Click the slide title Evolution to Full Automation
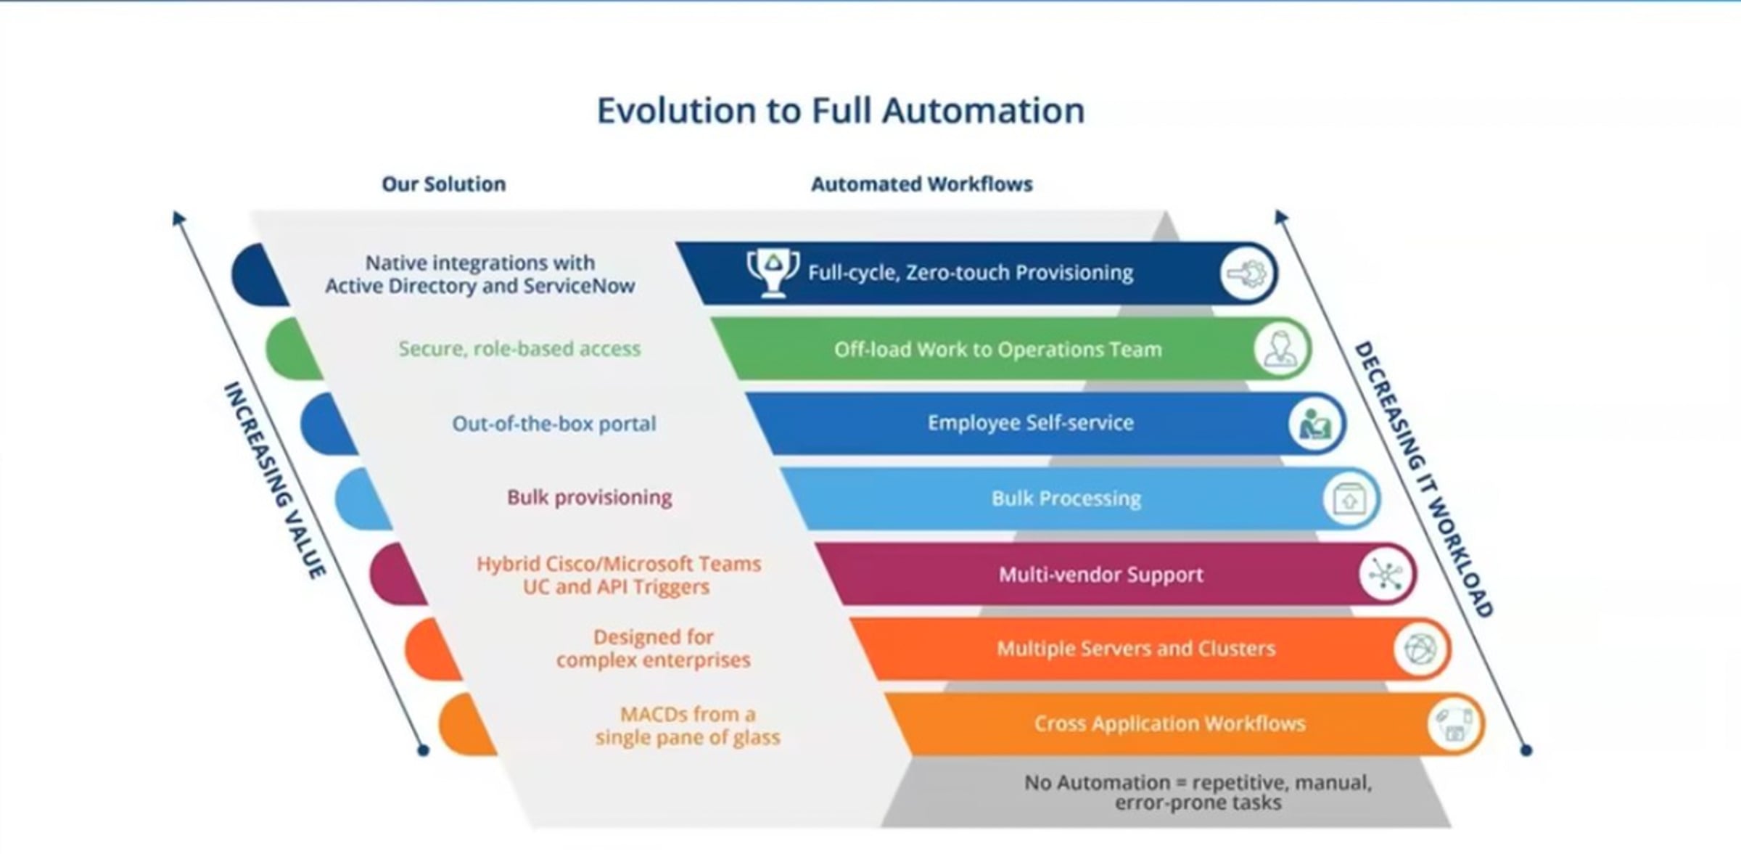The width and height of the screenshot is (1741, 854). pyautogui.click(x=841, y=111)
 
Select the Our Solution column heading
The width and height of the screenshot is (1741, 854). pyautogui.click(x=444, y=184)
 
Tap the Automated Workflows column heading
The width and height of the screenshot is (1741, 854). pyautogui.click(x=921, y=184)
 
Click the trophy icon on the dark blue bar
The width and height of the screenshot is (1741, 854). pyautogui.click(x=773, y=272)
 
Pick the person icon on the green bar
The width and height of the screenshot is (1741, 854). pyautogui.click(x=1281, y=349)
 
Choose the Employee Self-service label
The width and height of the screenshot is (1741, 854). pyautogui.click(x=1030, y=423)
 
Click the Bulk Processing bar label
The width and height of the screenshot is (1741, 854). pyautogui.click(x=1066, y=498)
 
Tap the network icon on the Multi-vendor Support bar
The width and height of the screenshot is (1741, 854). pyautogui.click(x=1386, y=575)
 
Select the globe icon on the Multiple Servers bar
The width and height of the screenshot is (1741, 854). pyautogui.click(x=1420, y=649)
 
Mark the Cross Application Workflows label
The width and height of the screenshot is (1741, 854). pyautogui.click(x=1169, y=723)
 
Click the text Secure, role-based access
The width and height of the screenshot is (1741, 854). pyautogui.click(x=519, y=349)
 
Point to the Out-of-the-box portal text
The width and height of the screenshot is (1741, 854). pyautogui.click(x=554, y=423)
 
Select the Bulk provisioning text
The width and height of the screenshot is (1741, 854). pyautogui.click(x=589, y=498)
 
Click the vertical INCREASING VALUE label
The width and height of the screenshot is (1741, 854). pyautogui.click(x=274, y=480)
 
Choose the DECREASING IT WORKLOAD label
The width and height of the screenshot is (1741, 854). pyautogui.click(x=1423, y=479)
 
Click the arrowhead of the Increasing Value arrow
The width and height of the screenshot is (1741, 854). pyautogui.click(x=178, y=217)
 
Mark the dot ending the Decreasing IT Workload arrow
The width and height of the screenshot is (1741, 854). pyautogui.click(x=1526, y=750)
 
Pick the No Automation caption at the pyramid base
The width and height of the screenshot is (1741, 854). pyautogui.click(x=1198, y=792)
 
